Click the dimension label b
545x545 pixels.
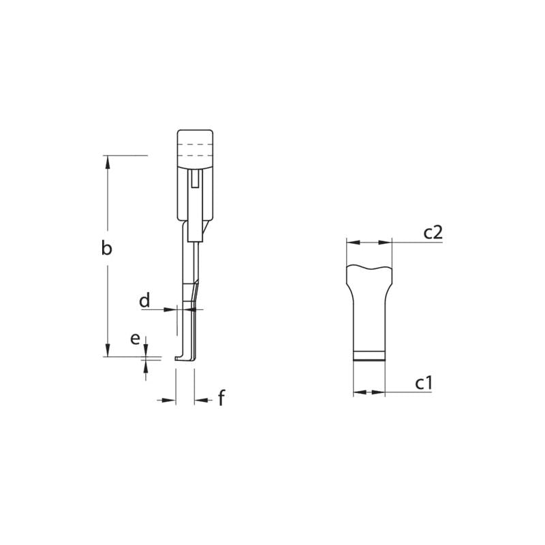(x=106, y=249)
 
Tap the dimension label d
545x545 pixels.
(x=144, y=300)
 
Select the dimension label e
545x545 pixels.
(x=135, y=339)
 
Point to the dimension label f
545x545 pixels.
(x=221, y=399)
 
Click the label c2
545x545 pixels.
(x=433, y=232)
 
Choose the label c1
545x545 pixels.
(x=424, y=384)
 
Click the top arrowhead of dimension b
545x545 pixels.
(x=107, y=159)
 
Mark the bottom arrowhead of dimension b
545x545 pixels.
(x=107, y=352)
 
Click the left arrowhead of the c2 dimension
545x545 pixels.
(x=350, y=242)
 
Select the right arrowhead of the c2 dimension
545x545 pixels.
(x=388, y=242)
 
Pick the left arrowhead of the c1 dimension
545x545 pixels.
(x=357, y=392)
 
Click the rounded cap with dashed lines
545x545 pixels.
(x=196, y=147)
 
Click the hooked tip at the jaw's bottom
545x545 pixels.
(x=181, y=358)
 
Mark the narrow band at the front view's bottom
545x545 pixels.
(x=369, y=355)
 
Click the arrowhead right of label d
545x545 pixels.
(x=172, y=309)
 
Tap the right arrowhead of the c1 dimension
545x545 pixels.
(x=381, y=392)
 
